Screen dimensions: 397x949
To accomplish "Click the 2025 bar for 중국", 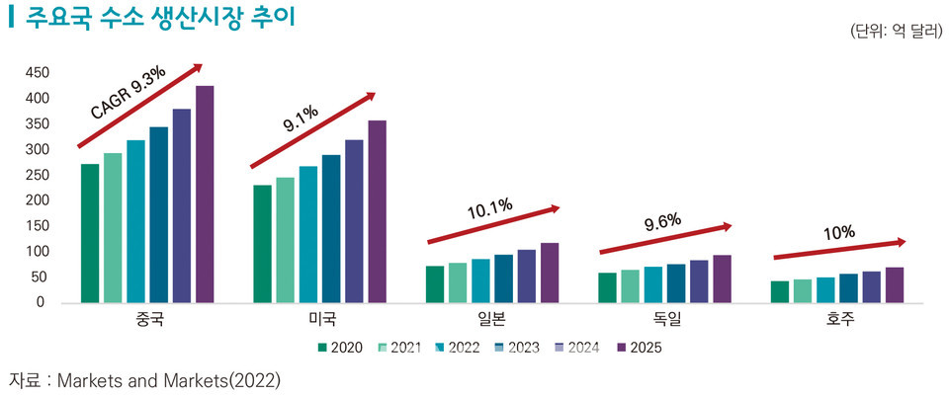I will tap(205, 194).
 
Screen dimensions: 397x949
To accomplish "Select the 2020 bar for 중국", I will tap(90, 232).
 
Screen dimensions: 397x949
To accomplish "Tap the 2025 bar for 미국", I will tap(377, 210).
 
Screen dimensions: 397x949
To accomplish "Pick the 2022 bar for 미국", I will tap(308, 233).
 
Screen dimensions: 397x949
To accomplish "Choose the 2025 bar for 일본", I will tap(550, 272).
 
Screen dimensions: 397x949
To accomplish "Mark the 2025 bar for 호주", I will tap(895, 284).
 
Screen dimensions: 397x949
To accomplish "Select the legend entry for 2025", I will tap(639, 347).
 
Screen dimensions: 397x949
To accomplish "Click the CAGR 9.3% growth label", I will tap(129, 94).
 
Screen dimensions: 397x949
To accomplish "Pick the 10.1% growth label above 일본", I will tap(489, 207).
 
